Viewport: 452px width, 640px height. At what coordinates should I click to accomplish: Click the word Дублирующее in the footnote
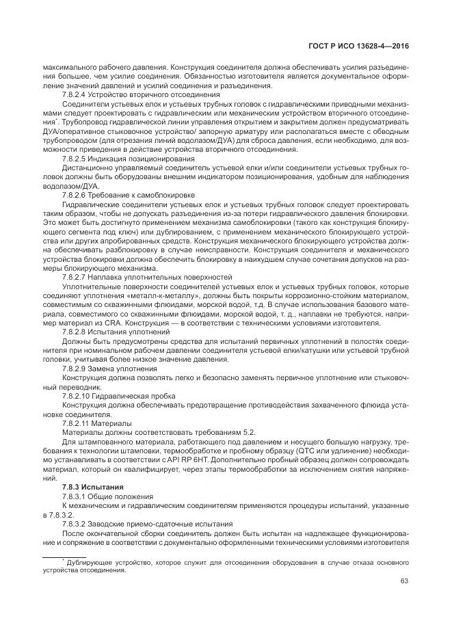(x=89, y=561)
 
